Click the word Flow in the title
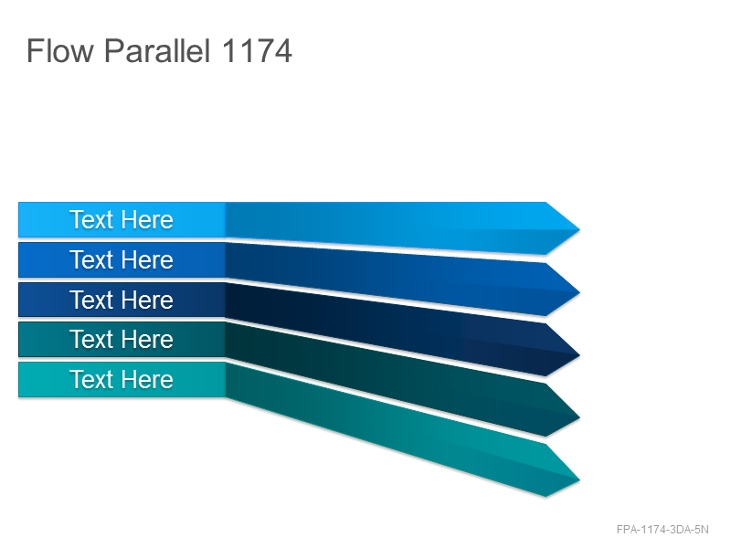coord(60,50)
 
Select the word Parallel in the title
coord(157,50)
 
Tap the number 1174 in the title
coord(257,50)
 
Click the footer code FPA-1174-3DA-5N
coord(662,530)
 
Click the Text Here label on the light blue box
coord(122,219)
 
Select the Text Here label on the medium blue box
coord(122,259)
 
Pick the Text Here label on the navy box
coord(122,300)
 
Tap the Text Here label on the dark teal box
coord(122,339)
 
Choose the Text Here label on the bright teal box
coord(122,379)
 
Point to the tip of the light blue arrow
coord(579,229)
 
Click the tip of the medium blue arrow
coord(579,292)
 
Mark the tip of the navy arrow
coord(579,355)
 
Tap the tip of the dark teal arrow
coord(579,418)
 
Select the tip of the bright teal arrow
coord(579,480)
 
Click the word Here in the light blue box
coord(148,219)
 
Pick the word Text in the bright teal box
coord(92,379)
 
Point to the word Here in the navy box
coord(148,300)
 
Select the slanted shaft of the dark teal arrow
coord(387,378)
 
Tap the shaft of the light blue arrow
coord(387,225)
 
